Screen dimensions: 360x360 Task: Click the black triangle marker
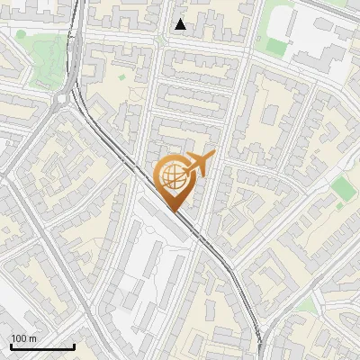tap(181, 24)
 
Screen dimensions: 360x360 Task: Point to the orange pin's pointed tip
tap(174, 211)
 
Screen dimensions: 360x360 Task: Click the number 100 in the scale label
tap(19, 338)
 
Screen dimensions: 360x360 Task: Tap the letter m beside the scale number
tap(33, 338)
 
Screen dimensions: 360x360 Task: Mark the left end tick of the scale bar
tap(10, 346)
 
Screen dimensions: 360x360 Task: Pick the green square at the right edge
tap(342, 187)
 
